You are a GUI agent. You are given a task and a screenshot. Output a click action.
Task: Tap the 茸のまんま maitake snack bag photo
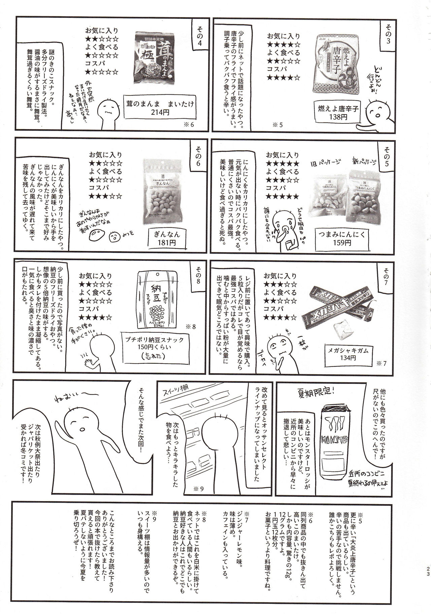coord(156,57)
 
